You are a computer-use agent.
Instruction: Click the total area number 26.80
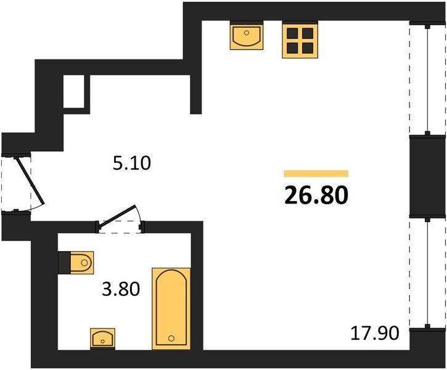tap(316, 195)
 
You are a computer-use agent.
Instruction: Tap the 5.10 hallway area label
tap(131, 163)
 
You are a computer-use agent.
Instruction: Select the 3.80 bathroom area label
tap(121, 289)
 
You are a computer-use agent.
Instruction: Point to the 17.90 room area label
tap(375, 333)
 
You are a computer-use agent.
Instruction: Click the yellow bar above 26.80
tap(316, 173)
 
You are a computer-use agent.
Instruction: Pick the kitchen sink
tap(247, 35)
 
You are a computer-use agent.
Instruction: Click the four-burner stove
tap(300, 39)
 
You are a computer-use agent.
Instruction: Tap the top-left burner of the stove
tap(292, 33)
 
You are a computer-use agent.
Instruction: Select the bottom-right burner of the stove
tap(308, 48)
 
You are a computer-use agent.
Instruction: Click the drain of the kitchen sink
tap(247, 33)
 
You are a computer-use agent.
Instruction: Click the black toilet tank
tap(64, 263)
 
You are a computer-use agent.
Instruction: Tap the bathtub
tap(171, 309)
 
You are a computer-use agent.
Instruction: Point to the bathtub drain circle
tap(171, 339)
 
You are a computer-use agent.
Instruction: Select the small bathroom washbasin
tap(102, 339)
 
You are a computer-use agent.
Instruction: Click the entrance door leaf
tap(30, 181)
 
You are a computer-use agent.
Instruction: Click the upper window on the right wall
tap(427, 79)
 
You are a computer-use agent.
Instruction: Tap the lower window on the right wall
tap(427, 273)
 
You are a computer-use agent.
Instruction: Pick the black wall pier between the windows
tap(427, 177)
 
